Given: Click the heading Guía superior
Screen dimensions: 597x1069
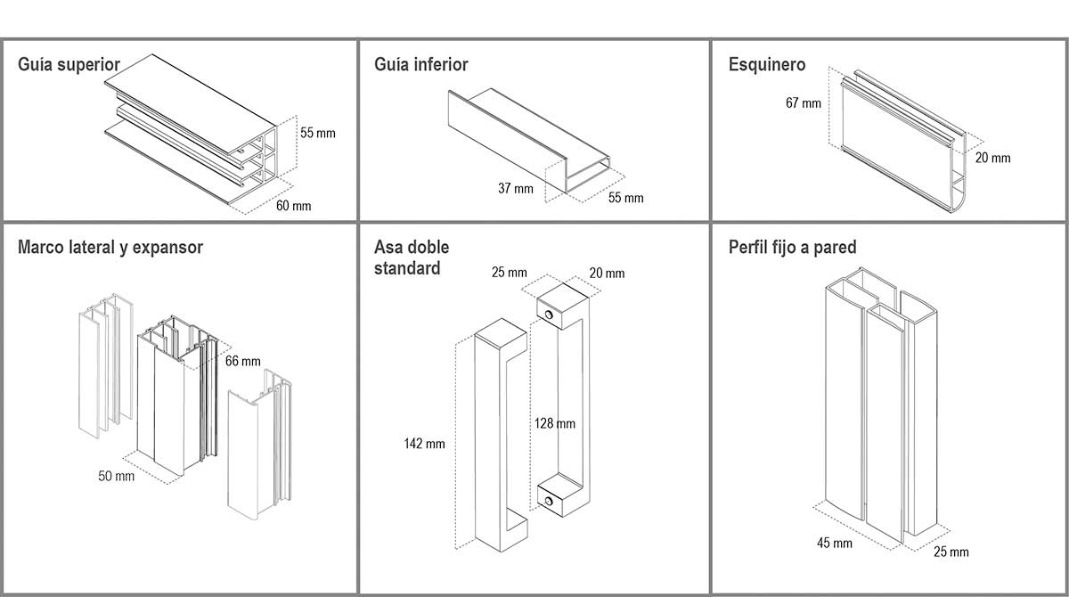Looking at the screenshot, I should coord(69,65).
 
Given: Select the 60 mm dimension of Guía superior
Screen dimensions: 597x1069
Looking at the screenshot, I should coord(294,206).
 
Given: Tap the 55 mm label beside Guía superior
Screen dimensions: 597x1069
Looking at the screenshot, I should coord(318,134).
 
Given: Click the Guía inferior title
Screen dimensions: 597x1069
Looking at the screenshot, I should coord(420,65).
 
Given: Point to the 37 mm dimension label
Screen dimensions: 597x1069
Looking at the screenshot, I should coord(516,188).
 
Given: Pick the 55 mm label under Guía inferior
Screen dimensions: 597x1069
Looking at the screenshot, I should coord(625,197).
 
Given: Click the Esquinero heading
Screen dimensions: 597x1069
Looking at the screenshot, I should coord(766,65).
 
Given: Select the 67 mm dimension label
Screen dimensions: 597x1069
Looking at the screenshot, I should coord(804,103).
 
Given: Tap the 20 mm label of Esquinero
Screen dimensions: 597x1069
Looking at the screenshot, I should coord(993,158).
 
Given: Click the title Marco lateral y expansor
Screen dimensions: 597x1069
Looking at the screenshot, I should coord(110,248).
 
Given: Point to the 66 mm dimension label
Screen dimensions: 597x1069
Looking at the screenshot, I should coord(243,361).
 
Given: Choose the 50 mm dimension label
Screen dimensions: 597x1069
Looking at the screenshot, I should coord(117,477).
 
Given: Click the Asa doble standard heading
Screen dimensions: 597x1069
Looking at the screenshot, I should coord(412,258).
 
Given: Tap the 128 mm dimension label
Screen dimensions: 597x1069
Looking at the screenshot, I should coord(554,424).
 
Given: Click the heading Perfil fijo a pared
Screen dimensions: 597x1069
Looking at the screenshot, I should coord(792,248).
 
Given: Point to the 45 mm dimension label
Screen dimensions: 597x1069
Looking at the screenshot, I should coord(835,543).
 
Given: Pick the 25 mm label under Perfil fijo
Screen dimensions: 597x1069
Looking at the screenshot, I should coord(951,552).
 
